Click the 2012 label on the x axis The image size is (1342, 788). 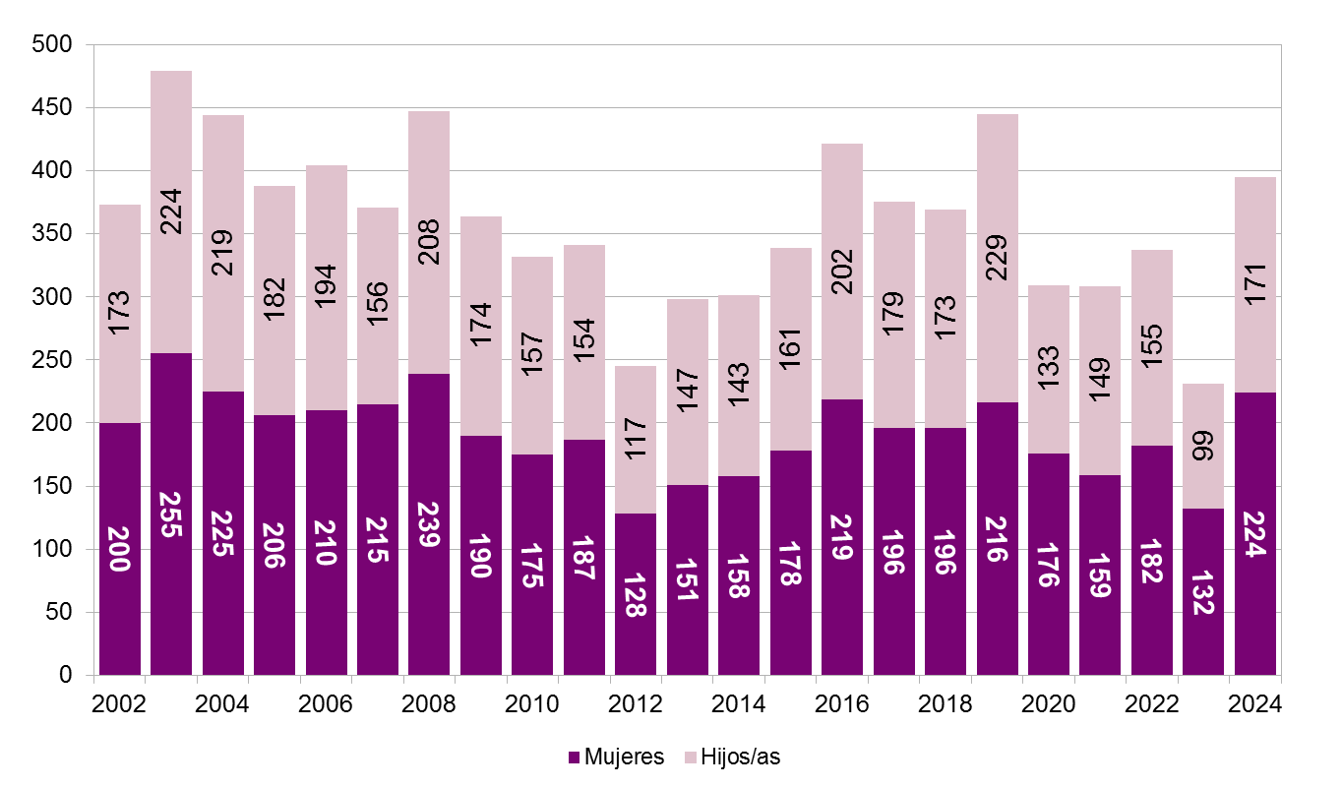coord(636,704)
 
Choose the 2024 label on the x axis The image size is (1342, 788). coord(1254,704)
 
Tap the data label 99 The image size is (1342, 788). coord(1203,447)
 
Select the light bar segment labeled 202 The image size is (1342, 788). coord(842,272)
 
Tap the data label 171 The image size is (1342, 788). coord(1255,285)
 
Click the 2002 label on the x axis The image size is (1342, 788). coord(119,704)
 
